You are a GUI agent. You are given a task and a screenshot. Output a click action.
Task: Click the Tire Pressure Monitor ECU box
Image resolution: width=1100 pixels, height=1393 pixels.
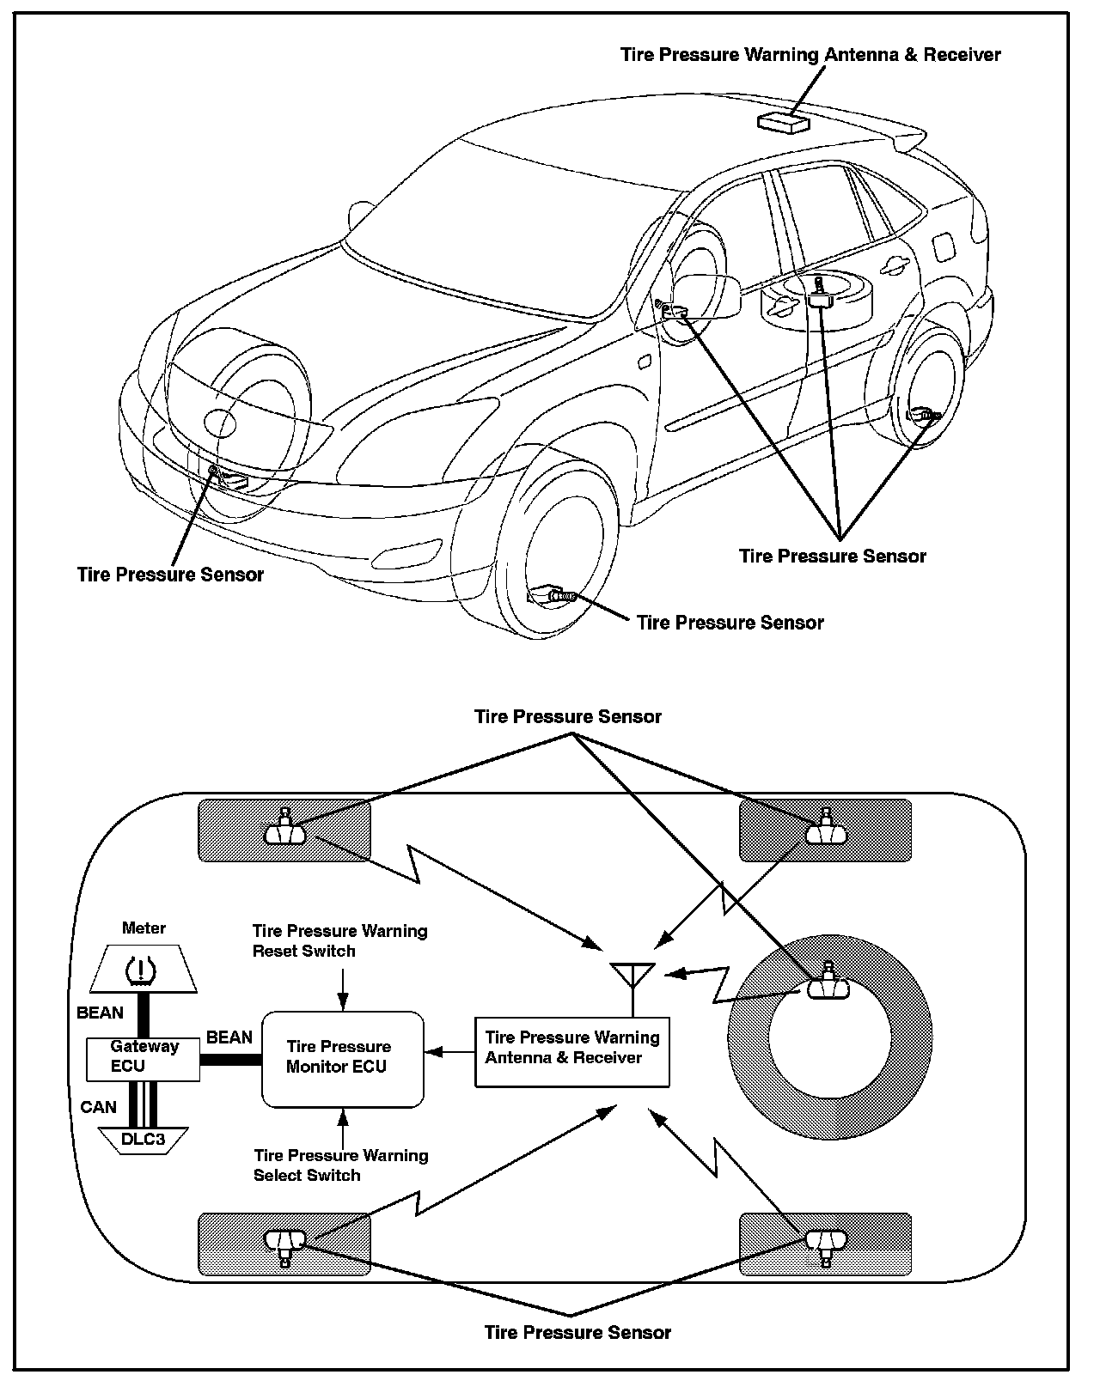(342, 1058)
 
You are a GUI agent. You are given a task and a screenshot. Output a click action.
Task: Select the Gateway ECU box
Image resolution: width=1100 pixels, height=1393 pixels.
(144, 1057)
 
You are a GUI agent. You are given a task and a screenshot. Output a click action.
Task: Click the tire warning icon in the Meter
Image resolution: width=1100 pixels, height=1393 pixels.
(142, 970)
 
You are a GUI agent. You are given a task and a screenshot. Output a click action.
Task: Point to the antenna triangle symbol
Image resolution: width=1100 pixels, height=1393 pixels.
(632, 975)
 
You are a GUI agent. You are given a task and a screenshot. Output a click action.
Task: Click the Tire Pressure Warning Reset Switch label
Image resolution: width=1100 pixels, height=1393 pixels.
(339, 941)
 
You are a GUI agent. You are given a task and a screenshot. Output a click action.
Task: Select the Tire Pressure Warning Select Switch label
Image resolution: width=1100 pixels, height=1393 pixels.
(340, 1165)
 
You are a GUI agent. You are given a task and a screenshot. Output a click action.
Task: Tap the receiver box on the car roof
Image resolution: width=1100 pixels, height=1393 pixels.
(783, 122)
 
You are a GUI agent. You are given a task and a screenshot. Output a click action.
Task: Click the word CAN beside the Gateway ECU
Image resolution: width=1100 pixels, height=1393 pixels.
(98, 1107)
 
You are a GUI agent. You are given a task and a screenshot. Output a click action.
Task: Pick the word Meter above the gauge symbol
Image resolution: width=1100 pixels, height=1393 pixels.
(144, 928)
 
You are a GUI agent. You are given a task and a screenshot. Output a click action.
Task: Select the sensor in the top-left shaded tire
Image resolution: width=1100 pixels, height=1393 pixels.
(285, 829)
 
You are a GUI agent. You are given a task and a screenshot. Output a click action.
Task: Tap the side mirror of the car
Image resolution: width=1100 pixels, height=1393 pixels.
(710, 296)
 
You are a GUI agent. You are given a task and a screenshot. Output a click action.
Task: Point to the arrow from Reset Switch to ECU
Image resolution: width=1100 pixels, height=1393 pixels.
(343, 988)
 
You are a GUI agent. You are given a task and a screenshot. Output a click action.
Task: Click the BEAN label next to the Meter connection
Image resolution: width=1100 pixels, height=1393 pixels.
(100, 1013)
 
